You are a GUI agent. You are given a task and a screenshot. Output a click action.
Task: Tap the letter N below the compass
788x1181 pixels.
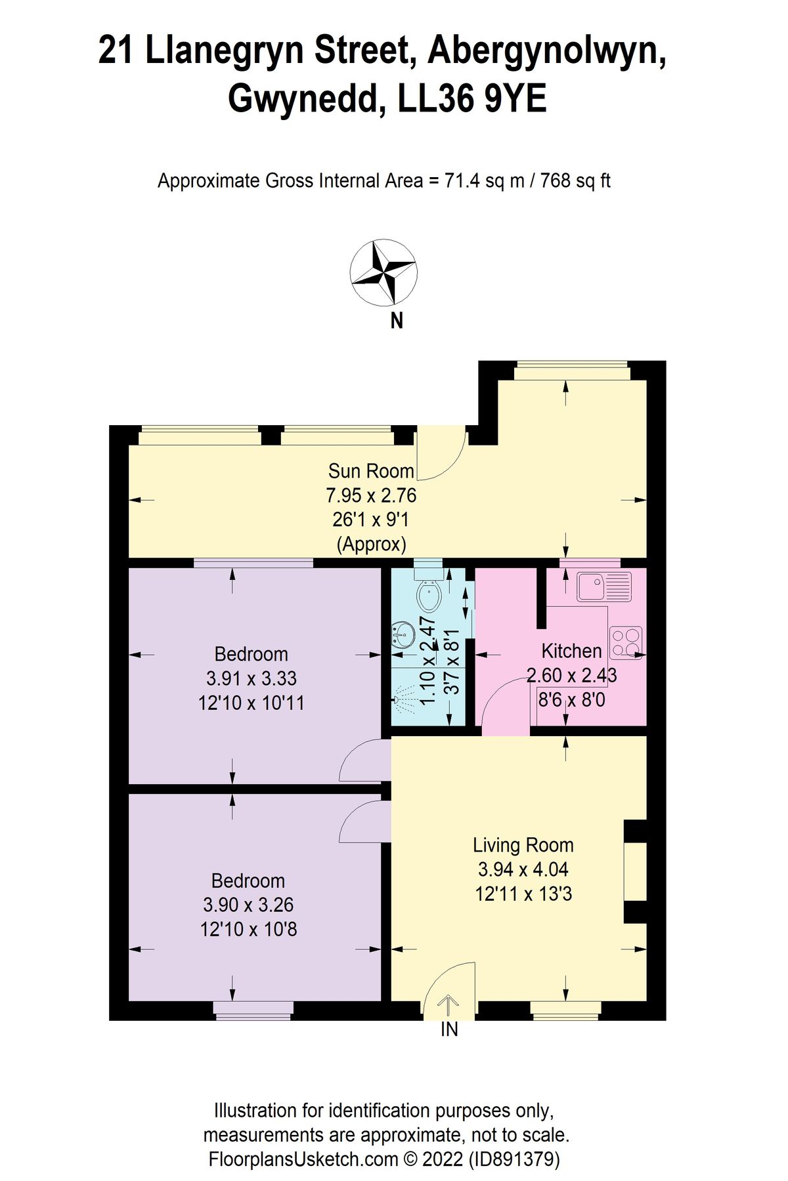coord(396,321)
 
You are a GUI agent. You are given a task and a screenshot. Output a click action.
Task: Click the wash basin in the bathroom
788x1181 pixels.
coord(403,634)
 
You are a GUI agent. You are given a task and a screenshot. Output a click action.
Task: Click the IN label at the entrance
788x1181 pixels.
coord(449,1030)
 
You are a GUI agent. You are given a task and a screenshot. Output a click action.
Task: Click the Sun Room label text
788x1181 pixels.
coord(371,471)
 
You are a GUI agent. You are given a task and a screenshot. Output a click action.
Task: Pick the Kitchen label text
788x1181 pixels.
coord(571,651)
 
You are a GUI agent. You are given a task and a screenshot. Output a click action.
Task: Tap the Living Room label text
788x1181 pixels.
coord(523,845)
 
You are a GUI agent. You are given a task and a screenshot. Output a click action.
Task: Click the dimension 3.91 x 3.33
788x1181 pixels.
coord(251,678)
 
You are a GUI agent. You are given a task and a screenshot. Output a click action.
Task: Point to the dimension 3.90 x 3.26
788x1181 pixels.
coord(248,905)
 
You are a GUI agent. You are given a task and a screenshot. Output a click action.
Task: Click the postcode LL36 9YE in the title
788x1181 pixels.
coord(472,100)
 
